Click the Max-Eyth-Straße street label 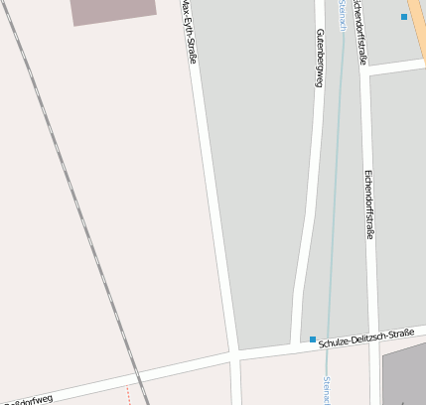[189, 33]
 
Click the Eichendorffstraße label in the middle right [368, 204]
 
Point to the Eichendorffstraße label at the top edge [360, 30]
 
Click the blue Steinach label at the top [341, 14]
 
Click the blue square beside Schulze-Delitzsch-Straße [312, 339]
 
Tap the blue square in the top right [404, 17]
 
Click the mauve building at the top [113, 10]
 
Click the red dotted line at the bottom [128, 394]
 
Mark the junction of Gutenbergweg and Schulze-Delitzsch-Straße [298, 344]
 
